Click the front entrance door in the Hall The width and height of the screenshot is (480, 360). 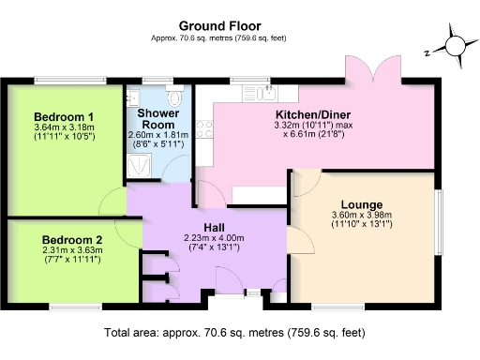click(x=228, y=281)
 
